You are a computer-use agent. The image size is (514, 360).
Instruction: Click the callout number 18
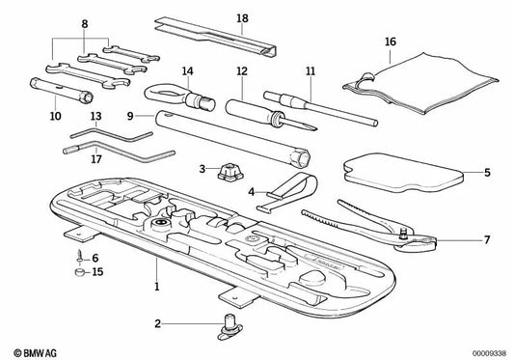point(242,18)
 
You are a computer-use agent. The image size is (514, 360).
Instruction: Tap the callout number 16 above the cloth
point(391,42)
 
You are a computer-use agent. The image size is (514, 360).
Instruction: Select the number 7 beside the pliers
point(487,240)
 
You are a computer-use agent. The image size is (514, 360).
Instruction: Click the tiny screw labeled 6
point(80,256)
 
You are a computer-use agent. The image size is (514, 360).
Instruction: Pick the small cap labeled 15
point(79,272)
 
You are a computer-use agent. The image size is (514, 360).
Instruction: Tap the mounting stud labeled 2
point(230,326)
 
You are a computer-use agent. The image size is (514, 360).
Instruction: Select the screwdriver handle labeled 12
point(248,112)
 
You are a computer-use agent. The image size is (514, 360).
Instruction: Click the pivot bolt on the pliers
point(402,234)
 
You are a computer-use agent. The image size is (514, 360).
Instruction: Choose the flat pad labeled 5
point(403,174)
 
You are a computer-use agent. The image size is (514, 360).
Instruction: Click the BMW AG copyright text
point(35,353)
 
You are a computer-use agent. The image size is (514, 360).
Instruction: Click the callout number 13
point(96,116)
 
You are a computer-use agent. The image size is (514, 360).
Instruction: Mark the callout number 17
point(96,159)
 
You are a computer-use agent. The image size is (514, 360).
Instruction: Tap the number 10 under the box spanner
point(55,116)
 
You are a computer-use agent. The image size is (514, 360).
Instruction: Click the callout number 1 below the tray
point(156,286)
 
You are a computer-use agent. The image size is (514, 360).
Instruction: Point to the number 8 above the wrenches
point(85,24)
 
